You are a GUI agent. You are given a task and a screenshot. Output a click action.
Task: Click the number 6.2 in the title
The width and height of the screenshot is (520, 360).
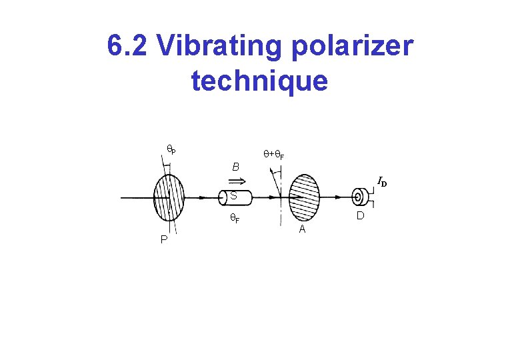pyautogui.click(x=127, y=47)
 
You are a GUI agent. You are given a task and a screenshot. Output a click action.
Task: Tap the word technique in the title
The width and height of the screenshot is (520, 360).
pyautogui.click(x=259, y=81)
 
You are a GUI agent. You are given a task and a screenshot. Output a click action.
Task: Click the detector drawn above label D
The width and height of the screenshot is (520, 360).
pyautogui.click(x=359, y=197)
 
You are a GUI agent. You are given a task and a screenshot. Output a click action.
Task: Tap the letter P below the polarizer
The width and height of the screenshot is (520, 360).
pyautogui.click(x=164, y=240)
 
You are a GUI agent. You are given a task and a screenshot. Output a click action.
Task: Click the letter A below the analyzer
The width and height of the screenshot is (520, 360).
pyautogui.click(x=302, y=229)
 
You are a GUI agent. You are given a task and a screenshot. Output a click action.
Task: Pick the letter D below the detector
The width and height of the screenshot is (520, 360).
pyautogui.click(x=360, y=216)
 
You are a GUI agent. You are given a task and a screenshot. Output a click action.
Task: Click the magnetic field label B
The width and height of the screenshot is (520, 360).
pyautogui.click(x=235, y=167)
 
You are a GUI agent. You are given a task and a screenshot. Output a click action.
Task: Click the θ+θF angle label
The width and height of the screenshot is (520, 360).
pyautogui.click(x=273, y=154)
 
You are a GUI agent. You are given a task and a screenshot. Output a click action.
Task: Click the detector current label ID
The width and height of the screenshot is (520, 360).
pyautogui.click(x=382, y=181)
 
